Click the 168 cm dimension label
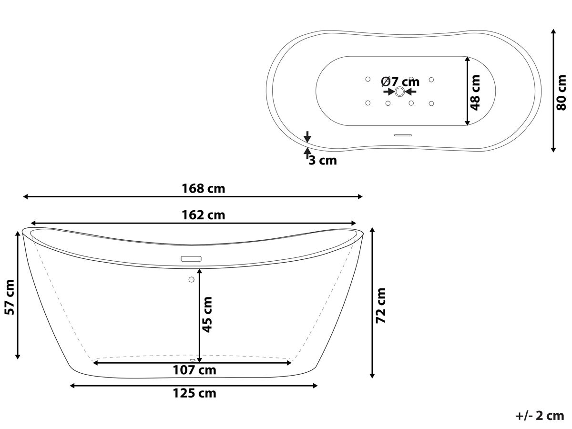(203, 189)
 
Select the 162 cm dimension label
(203, 215)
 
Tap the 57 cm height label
(10, 297)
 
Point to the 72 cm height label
(381, 306)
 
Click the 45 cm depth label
(207, 315)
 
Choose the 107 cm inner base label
(194, 370)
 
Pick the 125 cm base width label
(194, 393)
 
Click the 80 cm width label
(562, 92)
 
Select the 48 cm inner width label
(475, 92)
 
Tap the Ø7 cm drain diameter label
(400, 82)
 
